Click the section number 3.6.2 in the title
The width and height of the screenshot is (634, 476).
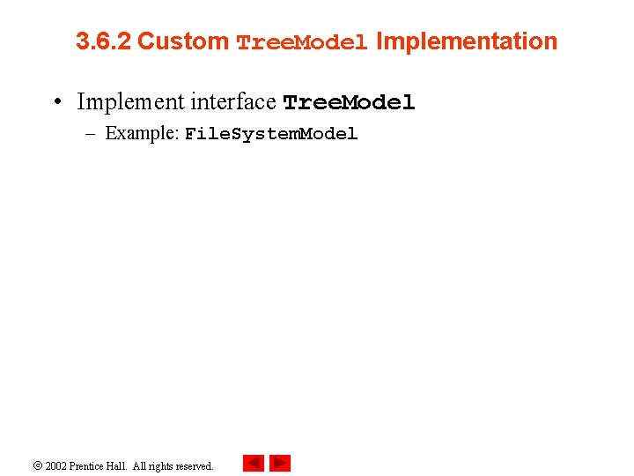104,41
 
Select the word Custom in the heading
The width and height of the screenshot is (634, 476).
183,41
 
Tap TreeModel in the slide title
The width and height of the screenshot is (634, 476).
302,43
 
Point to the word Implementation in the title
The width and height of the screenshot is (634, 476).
467,41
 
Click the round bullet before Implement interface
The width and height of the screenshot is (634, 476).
56,102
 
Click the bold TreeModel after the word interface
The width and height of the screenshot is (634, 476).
349,103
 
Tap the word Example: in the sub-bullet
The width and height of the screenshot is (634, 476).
142,134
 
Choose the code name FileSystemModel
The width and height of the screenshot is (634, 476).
271,135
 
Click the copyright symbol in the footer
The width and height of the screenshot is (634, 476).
38,465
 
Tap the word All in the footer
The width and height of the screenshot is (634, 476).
141,465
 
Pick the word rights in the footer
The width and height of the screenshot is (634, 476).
163,465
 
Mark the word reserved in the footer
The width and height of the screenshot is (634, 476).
195,465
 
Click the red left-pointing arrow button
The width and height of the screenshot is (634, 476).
254,464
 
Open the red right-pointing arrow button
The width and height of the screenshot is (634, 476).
280,464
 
